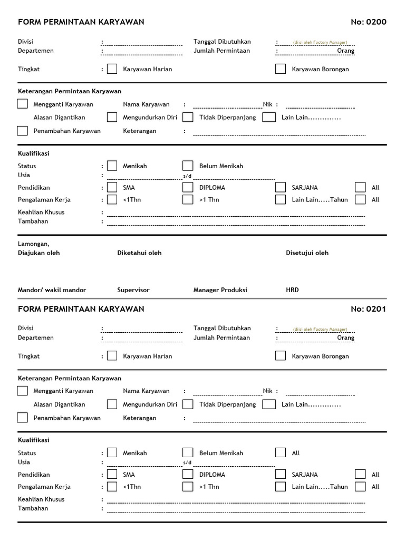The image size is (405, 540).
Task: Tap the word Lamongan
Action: coord(33,244)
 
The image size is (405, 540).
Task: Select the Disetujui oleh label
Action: coord(307,253)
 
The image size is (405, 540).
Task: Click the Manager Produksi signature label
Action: coord(220,290)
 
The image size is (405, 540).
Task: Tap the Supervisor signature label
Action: coord(133,290)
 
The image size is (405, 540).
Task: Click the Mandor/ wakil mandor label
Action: coord(52,290)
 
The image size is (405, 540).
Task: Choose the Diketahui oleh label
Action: coord(139,253)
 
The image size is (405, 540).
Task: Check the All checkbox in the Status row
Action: coord(281,452)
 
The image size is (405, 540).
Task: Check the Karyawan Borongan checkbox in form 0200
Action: coord(281,69)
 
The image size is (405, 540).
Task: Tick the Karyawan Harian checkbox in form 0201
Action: coord(112,355)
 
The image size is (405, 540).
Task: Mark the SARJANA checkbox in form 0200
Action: coord(281,187)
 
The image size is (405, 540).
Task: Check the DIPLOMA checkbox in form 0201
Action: coord(188,474)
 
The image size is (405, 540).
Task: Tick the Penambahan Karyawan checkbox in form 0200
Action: coord(22,131)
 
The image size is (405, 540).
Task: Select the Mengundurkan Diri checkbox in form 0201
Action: coord(112,404)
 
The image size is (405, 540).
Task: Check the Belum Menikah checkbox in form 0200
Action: coord(188,166)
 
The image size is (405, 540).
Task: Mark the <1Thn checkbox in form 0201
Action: coord(112,486)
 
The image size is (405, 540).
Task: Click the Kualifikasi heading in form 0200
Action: coord(34,153)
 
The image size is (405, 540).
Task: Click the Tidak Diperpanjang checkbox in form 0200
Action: coord(188,117)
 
